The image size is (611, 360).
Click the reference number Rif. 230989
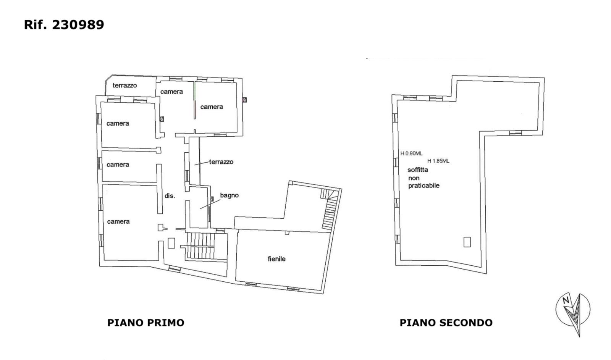(64, 24)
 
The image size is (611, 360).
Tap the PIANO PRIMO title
(145, 323)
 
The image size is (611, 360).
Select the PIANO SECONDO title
(446, 323)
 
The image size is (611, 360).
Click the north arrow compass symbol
(573, 313)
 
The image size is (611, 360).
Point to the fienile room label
(276, 259)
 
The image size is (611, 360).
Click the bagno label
(230, 195)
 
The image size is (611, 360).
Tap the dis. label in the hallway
(170, 196)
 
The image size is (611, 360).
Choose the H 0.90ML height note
(411, 153)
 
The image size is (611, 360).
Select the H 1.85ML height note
(438, 161)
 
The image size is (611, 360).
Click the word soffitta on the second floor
(418, 170)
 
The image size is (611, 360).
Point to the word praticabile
(423, 186)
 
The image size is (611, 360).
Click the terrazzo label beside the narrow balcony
(221, 162)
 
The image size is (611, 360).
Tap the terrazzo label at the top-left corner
(124, 86)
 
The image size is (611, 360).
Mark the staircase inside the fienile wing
(330, 210)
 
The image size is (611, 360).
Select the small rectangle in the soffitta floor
(467, 242)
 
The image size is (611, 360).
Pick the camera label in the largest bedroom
(118, 221)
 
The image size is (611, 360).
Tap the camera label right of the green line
(212, 107)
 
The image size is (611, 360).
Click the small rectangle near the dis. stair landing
(171, 243)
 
